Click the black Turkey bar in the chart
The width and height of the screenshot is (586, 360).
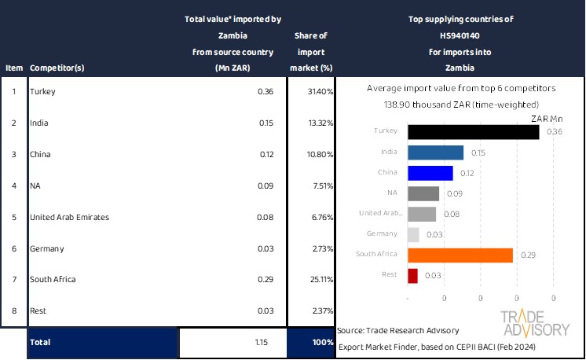[474, 131]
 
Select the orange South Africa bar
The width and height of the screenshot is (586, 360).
[460, 255]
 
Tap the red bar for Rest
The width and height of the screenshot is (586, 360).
[413, 275]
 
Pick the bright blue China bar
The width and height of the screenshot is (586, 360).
[430, 173]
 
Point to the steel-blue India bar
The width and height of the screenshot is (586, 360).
[436, 152]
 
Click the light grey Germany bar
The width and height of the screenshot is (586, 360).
[413, 234]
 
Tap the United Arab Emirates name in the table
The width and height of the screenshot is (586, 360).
[69, 217]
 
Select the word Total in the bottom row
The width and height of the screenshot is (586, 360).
[40, 343]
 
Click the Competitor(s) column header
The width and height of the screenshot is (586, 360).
[57, 68]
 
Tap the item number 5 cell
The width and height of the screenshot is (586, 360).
[13, 217]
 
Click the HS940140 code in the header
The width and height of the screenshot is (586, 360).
[460, 36]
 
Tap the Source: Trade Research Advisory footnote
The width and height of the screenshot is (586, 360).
[399, 330]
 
